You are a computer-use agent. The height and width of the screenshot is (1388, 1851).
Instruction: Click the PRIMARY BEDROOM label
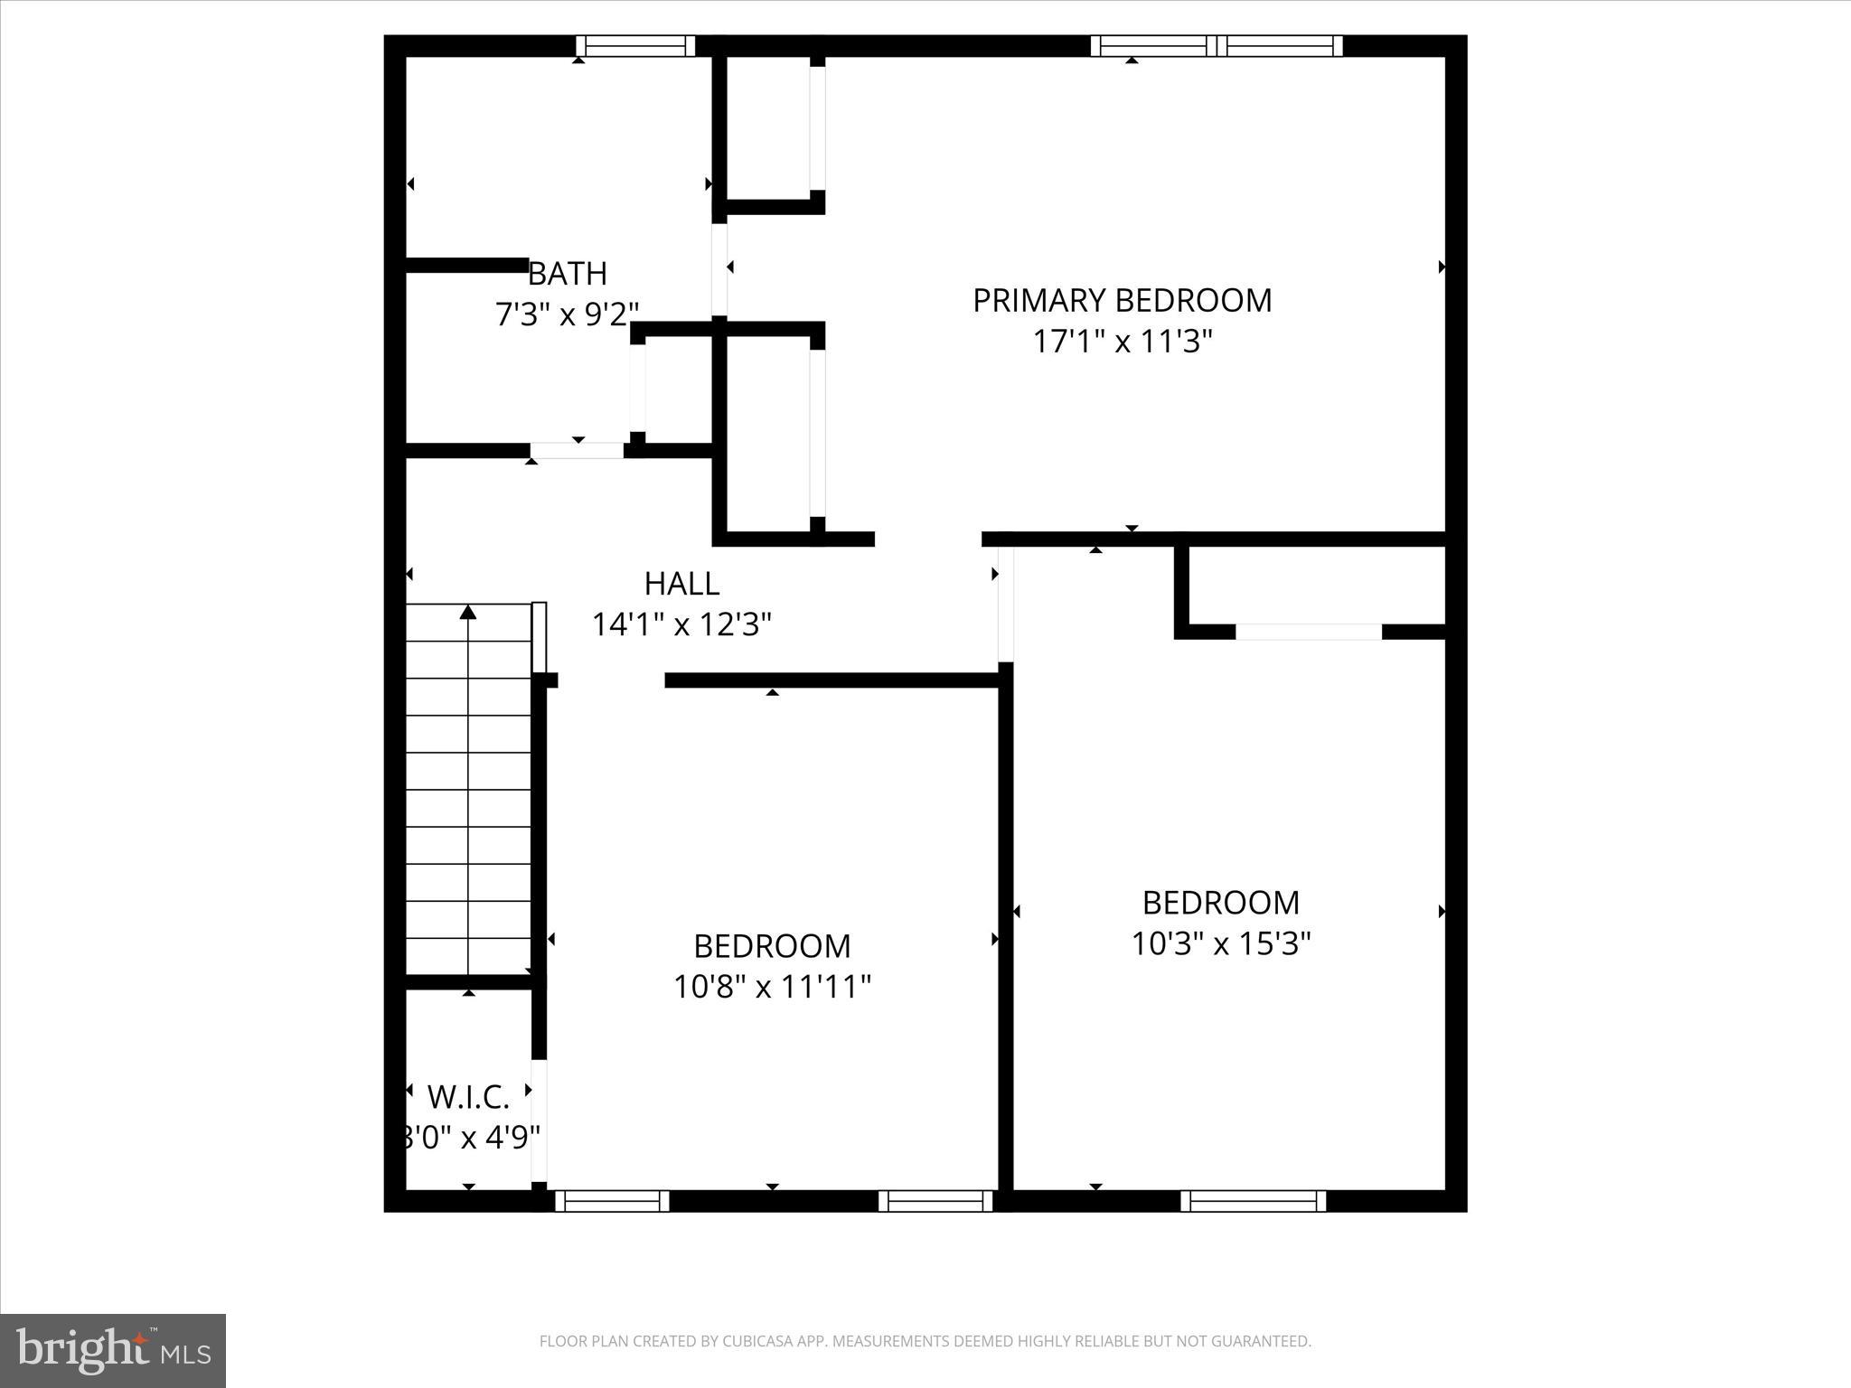click(x=1122, y=300)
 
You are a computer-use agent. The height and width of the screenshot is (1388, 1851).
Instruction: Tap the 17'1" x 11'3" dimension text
click(x=1122, y=342)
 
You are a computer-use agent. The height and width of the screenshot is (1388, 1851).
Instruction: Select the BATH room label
click(x=567, y=273)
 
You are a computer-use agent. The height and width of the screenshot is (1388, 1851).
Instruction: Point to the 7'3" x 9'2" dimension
click(x=567, y=314)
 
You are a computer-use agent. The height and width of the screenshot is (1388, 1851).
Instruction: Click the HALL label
click(x=681, y=584)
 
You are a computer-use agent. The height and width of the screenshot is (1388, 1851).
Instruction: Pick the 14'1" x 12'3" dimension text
click(x=681, y=624)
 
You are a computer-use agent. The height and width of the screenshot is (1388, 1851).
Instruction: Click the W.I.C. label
click(x=468, y=1097)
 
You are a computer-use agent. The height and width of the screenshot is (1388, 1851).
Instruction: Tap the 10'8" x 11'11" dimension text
click(x=772, y=987)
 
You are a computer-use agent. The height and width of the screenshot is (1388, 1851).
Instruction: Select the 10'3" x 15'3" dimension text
click(x=1221, y=943)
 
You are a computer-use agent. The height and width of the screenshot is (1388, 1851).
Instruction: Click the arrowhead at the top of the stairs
click(x=467, y=613)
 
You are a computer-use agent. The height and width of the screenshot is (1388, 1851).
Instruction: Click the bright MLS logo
click(x=113, y=1350)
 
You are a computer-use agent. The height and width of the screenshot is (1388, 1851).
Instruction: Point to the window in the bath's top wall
click(x=635, y=45)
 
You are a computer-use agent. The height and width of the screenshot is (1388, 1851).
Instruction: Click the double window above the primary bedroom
click(x=1217, y=45)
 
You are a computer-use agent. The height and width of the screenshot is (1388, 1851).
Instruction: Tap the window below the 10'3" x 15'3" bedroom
click(x=1253, y=1201)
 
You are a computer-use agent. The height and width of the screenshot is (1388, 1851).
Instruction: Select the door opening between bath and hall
click(x=577, y=450)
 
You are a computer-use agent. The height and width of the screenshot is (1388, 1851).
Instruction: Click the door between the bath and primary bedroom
click(x=719, y=269)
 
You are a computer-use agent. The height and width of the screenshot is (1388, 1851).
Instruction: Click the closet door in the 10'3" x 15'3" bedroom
click(x=1308, y=632)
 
